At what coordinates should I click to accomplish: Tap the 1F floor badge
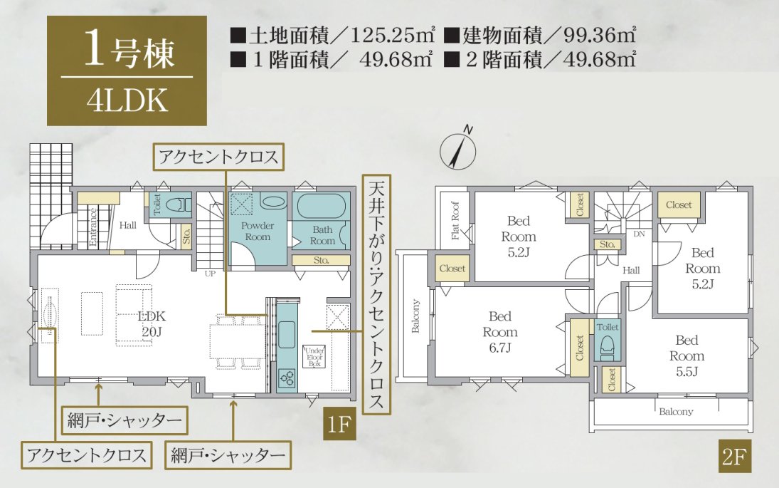tap(339, 425)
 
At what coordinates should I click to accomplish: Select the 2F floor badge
tap(735, 456)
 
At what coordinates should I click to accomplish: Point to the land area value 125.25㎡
tap(393, 36)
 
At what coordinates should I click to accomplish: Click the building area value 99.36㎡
tap(600, 36)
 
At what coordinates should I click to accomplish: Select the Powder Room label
tap(258, 232)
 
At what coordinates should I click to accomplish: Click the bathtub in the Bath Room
tap(321, 207)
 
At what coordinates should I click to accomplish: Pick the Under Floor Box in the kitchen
tap(314, 357)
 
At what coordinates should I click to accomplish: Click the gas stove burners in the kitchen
tap(287, 379)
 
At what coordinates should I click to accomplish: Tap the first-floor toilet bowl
tap(177, 204)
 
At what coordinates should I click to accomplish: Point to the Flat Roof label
tap(455, 221)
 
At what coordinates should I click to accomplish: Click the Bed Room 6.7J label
tap(500, 332)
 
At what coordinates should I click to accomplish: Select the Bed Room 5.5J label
tap(687, 355)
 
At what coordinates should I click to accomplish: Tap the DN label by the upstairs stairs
tap(639, 234)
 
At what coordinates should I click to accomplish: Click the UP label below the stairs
tap(210, 274)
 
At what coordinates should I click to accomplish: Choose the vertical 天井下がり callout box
tap(376, 294)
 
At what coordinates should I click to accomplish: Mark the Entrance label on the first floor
tap(93, 227)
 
